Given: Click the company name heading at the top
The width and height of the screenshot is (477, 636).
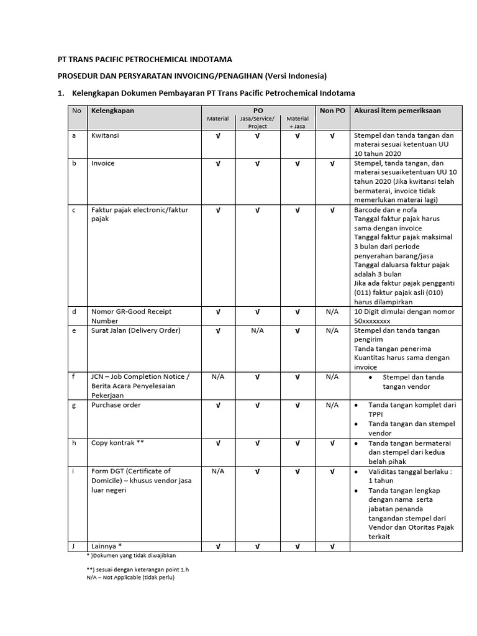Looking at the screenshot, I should tap(145, 60).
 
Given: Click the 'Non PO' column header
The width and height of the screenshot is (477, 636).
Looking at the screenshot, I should tap(332, 111).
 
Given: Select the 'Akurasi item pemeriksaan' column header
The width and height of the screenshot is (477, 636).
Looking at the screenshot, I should tap(397, 111).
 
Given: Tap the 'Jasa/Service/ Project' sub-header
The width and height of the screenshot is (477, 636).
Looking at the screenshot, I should tap(257, 122).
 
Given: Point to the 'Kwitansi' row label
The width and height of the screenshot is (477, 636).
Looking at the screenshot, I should tap(105, 135).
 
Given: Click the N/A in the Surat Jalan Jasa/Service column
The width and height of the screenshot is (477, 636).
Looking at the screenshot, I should tap(257, 330).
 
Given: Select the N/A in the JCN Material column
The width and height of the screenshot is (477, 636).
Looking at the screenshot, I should tap(217, 376).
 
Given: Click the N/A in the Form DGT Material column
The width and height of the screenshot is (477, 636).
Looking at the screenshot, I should tap(217, 471).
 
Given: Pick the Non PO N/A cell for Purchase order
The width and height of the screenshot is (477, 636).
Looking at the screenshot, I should tap(332, 405).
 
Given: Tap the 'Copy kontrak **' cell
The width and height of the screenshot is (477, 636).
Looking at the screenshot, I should tap(117, 443).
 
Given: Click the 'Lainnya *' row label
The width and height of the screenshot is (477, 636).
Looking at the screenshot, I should tap(111, 547).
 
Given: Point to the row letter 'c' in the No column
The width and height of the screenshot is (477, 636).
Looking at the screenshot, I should tap(74, 210).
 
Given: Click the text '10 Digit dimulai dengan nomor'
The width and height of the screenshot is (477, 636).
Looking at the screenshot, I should tap(404, 312).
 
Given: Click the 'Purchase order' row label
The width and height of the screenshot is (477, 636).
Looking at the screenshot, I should tap(116, 405).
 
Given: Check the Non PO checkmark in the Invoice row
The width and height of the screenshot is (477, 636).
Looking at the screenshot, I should tap(332, 163).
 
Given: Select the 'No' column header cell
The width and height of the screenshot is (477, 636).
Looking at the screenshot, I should tap(76, 111).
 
